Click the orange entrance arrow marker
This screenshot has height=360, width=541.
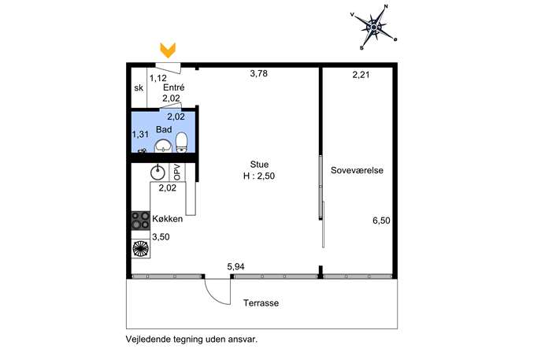point(168,50)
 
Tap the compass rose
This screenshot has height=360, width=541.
point(374,27)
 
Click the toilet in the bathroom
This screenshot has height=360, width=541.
point(181,143)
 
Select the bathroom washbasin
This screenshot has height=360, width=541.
point(163,146)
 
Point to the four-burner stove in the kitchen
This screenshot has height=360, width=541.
point(140,221)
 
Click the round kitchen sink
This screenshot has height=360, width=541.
point(157,173)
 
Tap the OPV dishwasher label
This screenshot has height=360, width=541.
point(177,172)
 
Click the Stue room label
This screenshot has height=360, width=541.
point(259,165)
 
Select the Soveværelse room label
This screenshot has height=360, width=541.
point(357,170)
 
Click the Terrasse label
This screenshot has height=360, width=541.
point(261,303)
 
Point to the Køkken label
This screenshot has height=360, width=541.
point(167,219)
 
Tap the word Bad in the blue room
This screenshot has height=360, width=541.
point(164,129)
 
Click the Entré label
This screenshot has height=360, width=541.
point(173,87)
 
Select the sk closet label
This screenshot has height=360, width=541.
point(139,88)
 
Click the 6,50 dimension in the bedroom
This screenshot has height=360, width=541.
point(381,221)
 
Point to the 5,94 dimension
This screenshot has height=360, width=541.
point(235,266)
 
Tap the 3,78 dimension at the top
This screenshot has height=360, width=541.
point(259,73)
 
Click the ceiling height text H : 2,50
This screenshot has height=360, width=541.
point(259,176)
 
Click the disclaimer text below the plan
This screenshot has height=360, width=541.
point(191,340)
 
